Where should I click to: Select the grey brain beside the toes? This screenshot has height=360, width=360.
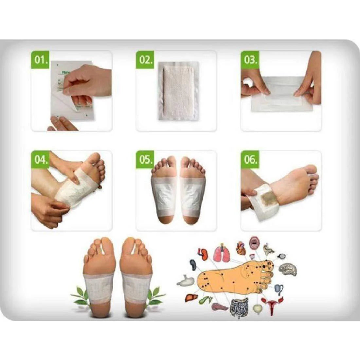click(290, 269)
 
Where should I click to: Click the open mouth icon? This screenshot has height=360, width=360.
click(254, 243)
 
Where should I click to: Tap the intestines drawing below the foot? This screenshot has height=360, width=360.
click(238, 308)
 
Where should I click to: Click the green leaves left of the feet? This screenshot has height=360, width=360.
click(80, 296)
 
